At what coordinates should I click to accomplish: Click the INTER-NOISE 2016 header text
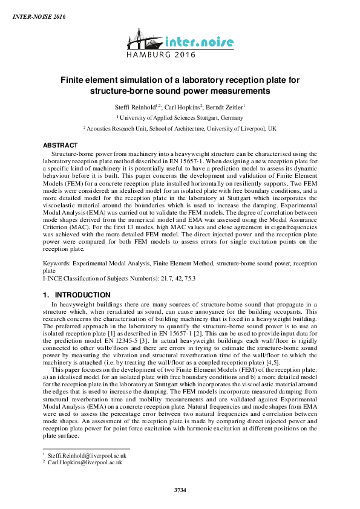tap(39, 16)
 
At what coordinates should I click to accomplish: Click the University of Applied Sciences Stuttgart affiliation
tap(180, 118)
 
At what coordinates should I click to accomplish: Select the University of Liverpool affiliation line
tap(180, 129)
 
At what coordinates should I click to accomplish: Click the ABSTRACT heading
tap(61, 146)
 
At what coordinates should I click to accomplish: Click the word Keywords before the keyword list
tap(57, 265)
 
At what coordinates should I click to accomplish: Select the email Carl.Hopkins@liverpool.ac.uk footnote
tap(85, 462)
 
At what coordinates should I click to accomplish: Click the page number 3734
tap(180, 488)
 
